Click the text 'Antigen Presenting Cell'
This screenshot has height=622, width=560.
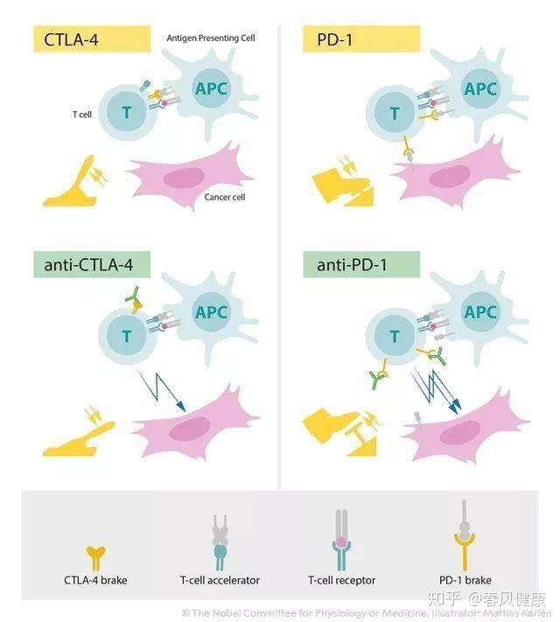tap(211, 38)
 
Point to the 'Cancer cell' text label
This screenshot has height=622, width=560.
tap(225, 197)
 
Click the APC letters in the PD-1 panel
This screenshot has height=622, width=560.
tap(480, 89)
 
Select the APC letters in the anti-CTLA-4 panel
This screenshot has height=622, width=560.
tap(211, 312)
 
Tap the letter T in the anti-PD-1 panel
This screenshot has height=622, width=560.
tap(395, 336)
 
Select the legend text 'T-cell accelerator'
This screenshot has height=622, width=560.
tap(220, 580)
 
